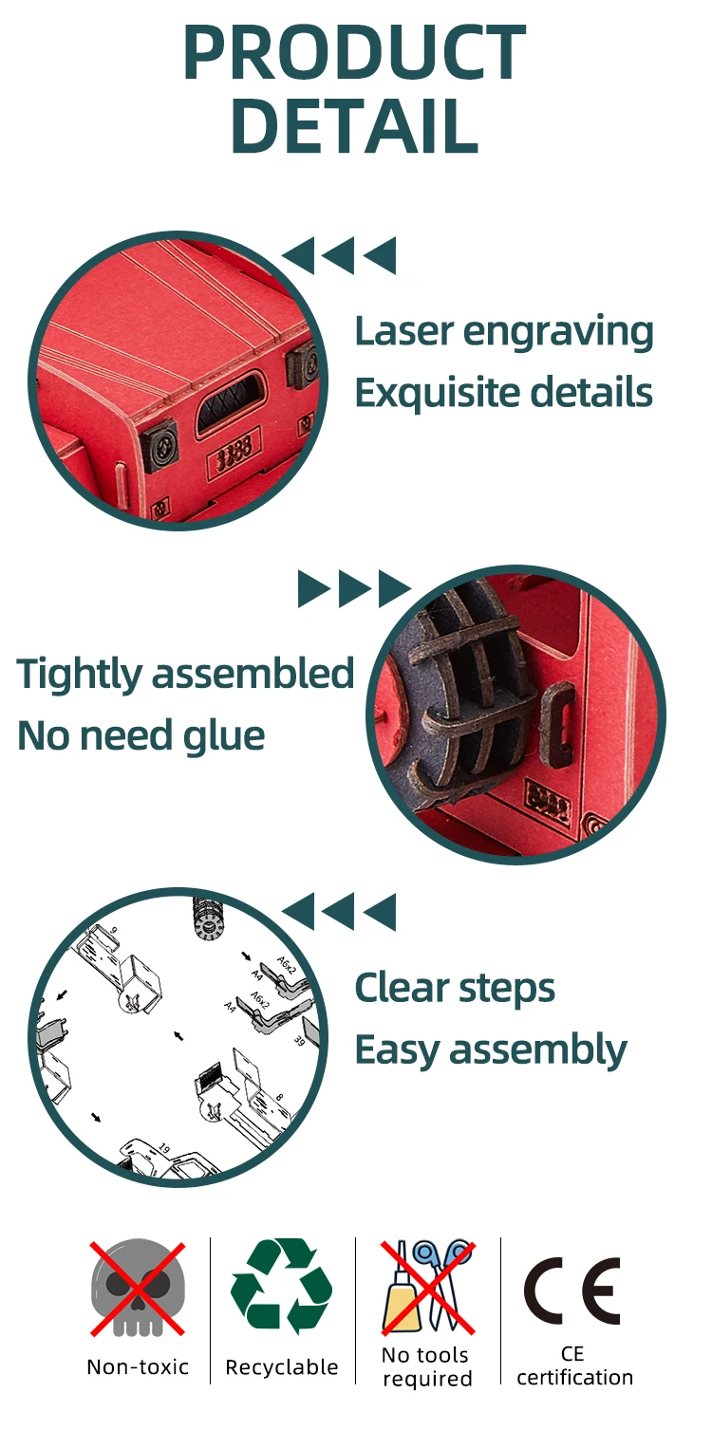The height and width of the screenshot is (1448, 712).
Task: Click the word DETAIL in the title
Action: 354,125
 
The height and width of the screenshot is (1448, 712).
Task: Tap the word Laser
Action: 403,332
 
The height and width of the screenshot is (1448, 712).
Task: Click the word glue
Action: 223,735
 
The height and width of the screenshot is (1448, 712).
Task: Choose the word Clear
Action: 402,989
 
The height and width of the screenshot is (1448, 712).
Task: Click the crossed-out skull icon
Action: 138,1288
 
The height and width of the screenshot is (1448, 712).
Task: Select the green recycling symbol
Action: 282,1286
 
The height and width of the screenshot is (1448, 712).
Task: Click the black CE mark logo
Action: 572,1290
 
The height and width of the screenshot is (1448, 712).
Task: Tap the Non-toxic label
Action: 138,1367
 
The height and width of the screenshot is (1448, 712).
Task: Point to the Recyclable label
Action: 282,1367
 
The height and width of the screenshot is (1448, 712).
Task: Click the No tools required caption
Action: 427,1366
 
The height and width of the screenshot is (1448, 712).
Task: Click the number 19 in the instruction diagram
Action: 163,1149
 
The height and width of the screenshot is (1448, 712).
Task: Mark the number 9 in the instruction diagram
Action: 113,930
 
